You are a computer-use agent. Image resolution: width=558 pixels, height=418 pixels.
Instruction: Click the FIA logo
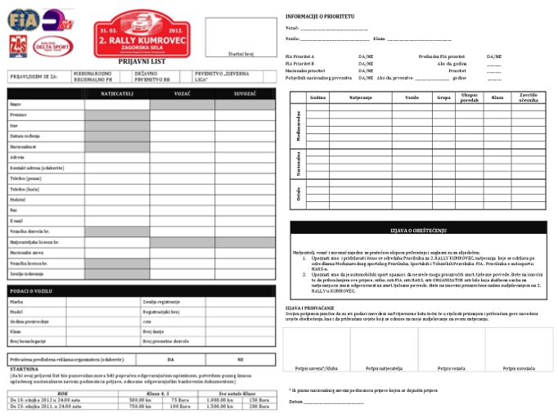pyautogui.click(x=24, y=20)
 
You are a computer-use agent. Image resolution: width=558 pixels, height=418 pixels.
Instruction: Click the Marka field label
pyautogui.click(x=16, y=303)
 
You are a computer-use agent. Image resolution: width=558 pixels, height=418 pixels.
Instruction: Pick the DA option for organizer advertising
pyautogui.click(x=170, y=359)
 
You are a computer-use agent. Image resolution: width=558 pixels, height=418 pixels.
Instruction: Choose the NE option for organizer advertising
pyautogui.click(x=241, y=359)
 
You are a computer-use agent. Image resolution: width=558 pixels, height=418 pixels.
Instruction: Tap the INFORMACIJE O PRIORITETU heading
pyautogui.click(x=320, y=16)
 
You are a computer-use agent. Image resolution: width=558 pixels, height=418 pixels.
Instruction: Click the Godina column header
pyautogui.click(x=317, y=97)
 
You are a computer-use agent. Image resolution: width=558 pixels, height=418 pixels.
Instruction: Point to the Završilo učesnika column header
pyautogui.click(x=528, y=97)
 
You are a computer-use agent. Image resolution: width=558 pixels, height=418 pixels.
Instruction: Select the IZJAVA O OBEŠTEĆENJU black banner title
pyautogui.click(x=418, y=227)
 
